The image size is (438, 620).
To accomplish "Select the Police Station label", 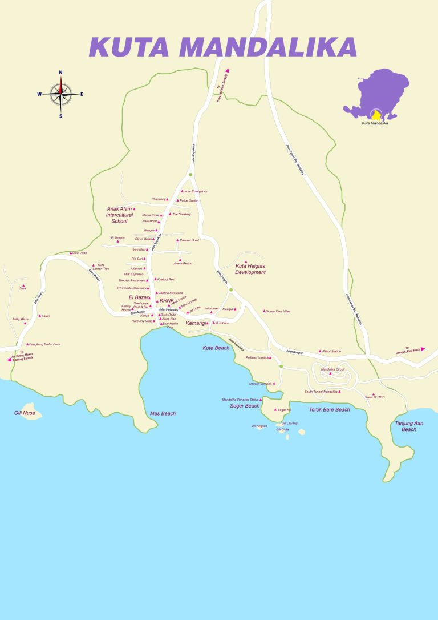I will [189, 201].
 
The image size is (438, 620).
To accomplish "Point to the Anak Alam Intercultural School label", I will [120, 215].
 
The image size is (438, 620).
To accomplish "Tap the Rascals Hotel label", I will [189, 240].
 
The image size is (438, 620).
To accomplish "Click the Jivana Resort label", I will [183, 263].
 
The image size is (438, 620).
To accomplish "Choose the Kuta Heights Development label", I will [251, 269].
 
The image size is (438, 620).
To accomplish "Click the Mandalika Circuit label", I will [333, 369].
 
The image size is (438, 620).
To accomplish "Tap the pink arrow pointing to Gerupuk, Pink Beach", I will [423, 348].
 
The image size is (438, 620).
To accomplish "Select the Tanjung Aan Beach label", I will [409, 426].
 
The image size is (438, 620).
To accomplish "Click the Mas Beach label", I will [163, 413].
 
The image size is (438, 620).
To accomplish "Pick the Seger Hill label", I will [285, 410].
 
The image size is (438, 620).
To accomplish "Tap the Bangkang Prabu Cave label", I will [45, 344].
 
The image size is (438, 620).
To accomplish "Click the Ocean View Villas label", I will [278, 311].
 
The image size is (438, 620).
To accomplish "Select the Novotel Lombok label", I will [261, 384].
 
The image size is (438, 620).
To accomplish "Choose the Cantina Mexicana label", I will [171, 293].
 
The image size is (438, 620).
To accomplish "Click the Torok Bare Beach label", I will [329, 410].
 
